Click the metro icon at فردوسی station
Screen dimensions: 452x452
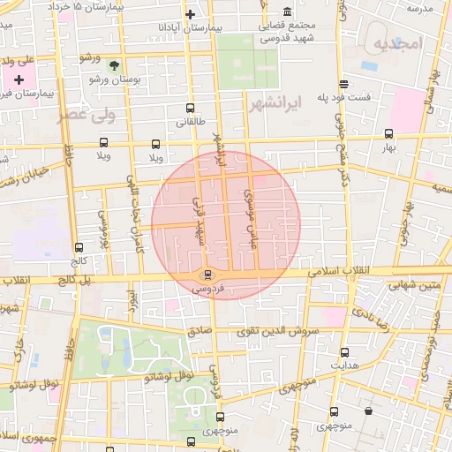(x=207, y=274)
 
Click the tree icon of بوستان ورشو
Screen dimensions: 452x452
(x=113, y=64)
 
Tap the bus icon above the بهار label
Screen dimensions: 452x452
(x=389, y=134)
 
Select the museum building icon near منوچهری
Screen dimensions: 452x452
(x=368, y=411)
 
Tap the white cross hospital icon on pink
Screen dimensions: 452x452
(x=19, y=80)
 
